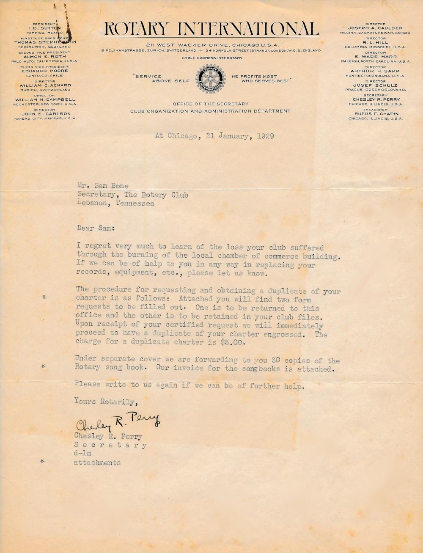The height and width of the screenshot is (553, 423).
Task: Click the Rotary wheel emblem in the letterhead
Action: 210,79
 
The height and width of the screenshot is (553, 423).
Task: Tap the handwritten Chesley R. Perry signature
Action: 117,422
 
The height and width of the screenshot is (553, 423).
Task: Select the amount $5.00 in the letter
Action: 232,343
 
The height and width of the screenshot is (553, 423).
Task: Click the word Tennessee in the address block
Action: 135,203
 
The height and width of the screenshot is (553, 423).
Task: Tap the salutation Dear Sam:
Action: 96,228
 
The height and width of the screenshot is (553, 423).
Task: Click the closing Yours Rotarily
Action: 104,402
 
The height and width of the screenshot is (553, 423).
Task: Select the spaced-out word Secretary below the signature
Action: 110,445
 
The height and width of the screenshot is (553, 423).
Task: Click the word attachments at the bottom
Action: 97,462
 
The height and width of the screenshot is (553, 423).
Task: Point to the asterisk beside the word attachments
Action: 42,462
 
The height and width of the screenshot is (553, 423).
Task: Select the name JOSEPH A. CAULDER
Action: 375,28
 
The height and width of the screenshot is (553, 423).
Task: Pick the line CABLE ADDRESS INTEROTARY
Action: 212,58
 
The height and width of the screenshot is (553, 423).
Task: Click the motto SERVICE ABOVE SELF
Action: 162,79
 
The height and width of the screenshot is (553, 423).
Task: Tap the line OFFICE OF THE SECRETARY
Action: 210,104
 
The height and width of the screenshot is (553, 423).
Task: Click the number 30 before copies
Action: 276,360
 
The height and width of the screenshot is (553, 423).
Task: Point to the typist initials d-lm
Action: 82,454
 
